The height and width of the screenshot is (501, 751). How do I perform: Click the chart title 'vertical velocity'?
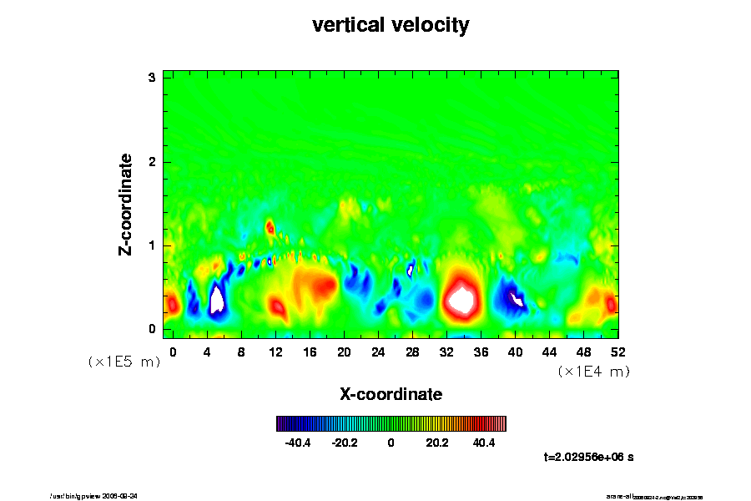point(391,25)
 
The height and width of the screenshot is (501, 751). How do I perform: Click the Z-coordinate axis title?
point(126,203)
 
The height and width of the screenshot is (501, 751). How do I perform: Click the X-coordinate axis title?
point(391,393)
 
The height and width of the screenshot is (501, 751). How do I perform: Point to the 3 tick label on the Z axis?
point(152,78)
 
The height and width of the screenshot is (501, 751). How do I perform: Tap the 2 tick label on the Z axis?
point(152,161)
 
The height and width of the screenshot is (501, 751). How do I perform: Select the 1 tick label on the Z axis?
point(152,245)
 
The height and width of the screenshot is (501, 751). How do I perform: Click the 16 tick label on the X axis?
point(310,352)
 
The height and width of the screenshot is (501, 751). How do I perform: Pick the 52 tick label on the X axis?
point(617,352)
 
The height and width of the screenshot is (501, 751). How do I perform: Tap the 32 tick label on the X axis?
point(446,352)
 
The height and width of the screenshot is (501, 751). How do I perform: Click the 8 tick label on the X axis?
point(241,352)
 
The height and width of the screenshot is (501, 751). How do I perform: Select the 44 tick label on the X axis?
point(549,352)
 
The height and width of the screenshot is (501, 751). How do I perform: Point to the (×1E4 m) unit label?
point(593,372)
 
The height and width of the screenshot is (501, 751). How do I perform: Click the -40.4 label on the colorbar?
point(298,443)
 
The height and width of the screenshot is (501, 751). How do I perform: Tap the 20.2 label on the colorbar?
point(437,443)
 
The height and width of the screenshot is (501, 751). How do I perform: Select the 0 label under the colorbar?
point(391,443)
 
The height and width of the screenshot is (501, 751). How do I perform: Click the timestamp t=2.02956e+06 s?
point(589,457)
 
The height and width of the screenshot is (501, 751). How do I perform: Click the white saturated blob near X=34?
point(461,298)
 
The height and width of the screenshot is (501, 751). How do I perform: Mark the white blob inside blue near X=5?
point(217,298)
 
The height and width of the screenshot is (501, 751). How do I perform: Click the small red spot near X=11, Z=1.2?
point(270,226)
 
